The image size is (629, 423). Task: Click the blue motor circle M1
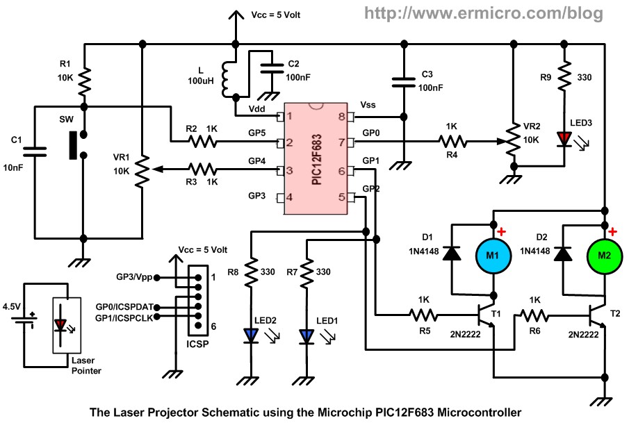coord(493,256)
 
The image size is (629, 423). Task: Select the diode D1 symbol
coord(452,254)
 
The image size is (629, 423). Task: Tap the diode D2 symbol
coord(564,254)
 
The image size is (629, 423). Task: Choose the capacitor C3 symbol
coord(402,82)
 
